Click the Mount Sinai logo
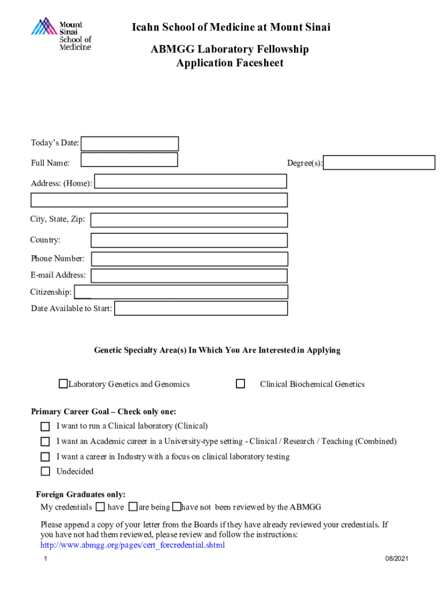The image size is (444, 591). pyautogui.click(x=61, y=35)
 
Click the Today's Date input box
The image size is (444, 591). pyautogui.click(x=130, y=144)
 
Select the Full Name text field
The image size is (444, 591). pyautogui.click(x=129, y=160)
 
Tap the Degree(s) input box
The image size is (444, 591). pyautogui.click(x=379, y=163)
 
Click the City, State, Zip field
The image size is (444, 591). pyautogui.click(x=189, y=220)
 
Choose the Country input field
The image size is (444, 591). pyautogui.click(x=189, y=240)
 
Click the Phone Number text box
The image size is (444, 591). pyautogui.click(x=189, y=259)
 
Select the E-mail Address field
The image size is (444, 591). pyautogui.click(x=189, y=276)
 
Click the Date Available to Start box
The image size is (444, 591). pyautogui.click(x=201, y=309)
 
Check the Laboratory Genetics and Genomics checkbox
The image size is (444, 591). pyautogui.click(x=63, y=384)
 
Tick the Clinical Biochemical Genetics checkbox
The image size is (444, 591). pyautogui.click(x=240, y=384)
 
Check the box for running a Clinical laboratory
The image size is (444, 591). pyautogui.click(x=45, y=427)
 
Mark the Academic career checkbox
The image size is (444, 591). pyautogui.click(x=45, y=442)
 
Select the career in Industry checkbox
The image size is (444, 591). pyautogui.click(x=45, y=457)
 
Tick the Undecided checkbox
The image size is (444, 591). pyautogui.click(x=45, y=472)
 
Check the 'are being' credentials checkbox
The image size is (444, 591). pyautogui.click(x=133, y=507)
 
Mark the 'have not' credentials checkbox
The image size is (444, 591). pyautogui.click(x=176, y=507)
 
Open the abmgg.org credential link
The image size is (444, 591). pyautogui.click(x=133, y=545)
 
